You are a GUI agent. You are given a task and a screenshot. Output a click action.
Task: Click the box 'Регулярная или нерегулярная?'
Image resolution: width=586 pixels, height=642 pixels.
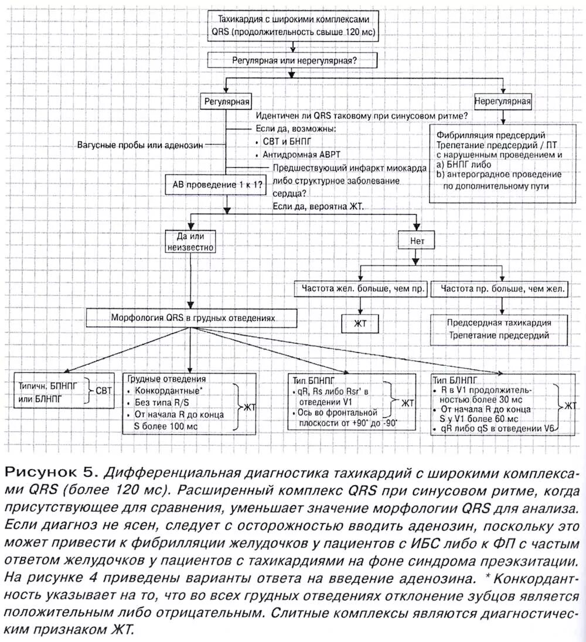(x=291, y=60)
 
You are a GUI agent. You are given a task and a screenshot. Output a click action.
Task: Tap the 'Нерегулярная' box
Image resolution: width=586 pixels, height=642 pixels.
(x=503, y=101)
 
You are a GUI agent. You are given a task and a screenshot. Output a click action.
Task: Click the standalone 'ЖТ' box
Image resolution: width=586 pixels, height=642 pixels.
(x=359, y=324)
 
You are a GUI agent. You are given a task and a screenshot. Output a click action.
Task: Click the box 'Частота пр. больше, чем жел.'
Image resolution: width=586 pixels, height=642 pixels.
(x=503, y=289)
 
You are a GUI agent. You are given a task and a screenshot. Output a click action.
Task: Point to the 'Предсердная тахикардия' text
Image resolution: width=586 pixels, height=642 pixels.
(x=499, y=323)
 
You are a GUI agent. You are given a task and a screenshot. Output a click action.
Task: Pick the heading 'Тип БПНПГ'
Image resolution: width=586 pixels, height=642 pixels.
(x=309, y=380)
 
